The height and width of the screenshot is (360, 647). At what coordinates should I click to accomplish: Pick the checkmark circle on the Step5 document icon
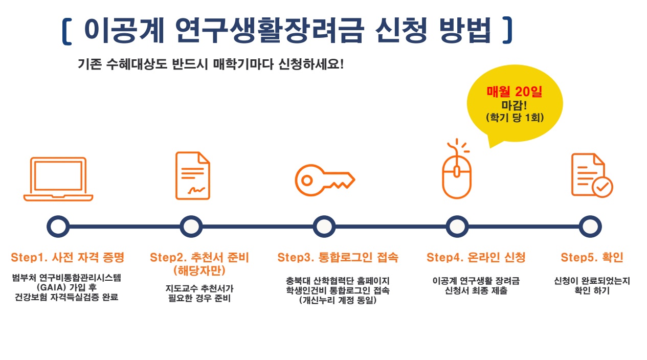[602, 187]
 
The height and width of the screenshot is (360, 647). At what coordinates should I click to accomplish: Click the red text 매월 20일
[515, 92]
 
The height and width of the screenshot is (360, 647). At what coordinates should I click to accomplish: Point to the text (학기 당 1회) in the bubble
[515, 118]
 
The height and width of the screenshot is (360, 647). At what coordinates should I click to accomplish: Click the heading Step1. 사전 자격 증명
[68, 257]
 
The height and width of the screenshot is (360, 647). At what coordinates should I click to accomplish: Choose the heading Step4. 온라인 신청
[476, 257]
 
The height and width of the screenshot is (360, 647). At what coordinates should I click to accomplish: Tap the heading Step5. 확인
[592, 257]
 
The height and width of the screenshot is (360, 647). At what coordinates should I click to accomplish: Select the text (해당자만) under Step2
[199, 271]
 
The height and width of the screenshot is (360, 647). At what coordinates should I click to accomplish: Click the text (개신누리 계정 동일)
[338, 300]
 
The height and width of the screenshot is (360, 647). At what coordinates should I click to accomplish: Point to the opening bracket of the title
[66, 32]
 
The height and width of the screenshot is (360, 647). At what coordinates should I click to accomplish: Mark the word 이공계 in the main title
[124, 30]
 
